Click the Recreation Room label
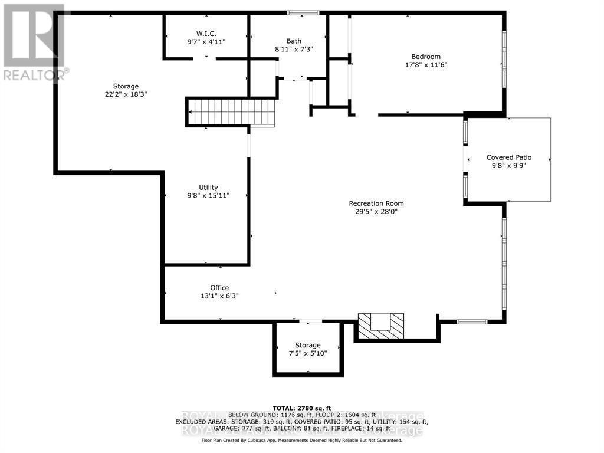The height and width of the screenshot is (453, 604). (376, 203)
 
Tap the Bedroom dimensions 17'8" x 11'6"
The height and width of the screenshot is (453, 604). (426, 65)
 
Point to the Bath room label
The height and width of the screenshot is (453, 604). (294, 41)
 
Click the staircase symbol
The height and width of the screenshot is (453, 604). (232, 112)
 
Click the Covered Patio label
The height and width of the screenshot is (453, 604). (508, 157)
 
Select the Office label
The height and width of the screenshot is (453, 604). (219, 288)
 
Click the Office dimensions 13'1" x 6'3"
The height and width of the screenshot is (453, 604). (219, 296)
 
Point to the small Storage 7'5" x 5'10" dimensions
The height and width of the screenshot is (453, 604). (308, 353)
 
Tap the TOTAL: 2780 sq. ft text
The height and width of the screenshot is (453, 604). (301, 408)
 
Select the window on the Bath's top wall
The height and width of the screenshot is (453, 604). (303, 12)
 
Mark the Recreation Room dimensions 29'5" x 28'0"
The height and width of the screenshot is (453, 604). (376, 212)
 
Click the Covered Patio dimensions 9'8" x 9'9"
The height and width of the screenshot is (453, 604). (508, 166)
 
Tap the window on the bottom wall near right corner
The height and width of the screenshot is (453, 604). (472, 321)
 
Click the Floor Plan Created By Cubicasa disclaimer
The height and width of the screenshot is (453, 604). (301, 440)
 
